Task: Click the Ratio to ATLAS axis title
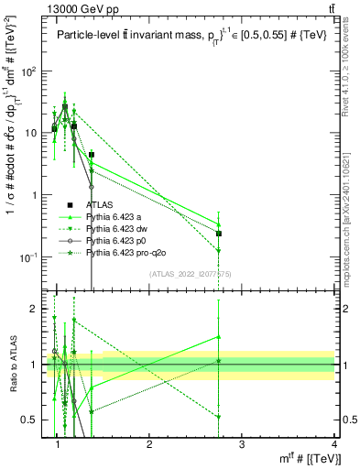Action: coord(14,364)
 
